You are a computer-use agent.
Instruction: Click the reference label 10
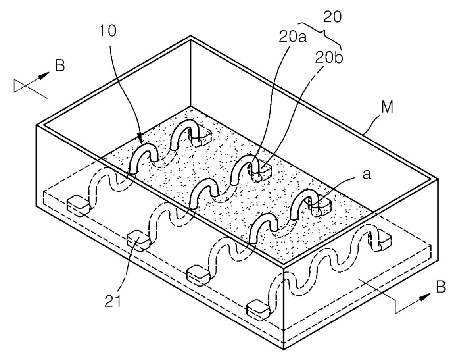point(107,31)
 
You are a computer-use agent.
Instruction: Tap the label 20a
point(292,37)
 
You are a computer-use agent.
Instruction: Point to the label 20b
point(329,57)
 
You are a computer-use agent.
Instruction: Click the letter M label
point(387,107)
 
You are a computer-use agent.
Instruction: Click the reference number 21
point(113,301)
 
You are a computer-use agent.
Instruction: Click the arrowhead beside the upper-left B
point(44,76)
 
